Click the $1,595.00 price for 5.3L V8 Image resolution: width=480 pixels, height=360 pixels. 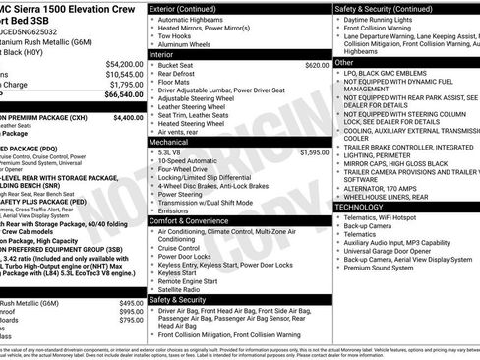click(315, 152)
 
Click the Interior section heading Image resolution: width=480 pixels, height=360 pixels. click(163, 54)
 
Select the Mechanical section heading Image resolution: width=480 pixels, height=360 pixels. click(169, 142)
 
